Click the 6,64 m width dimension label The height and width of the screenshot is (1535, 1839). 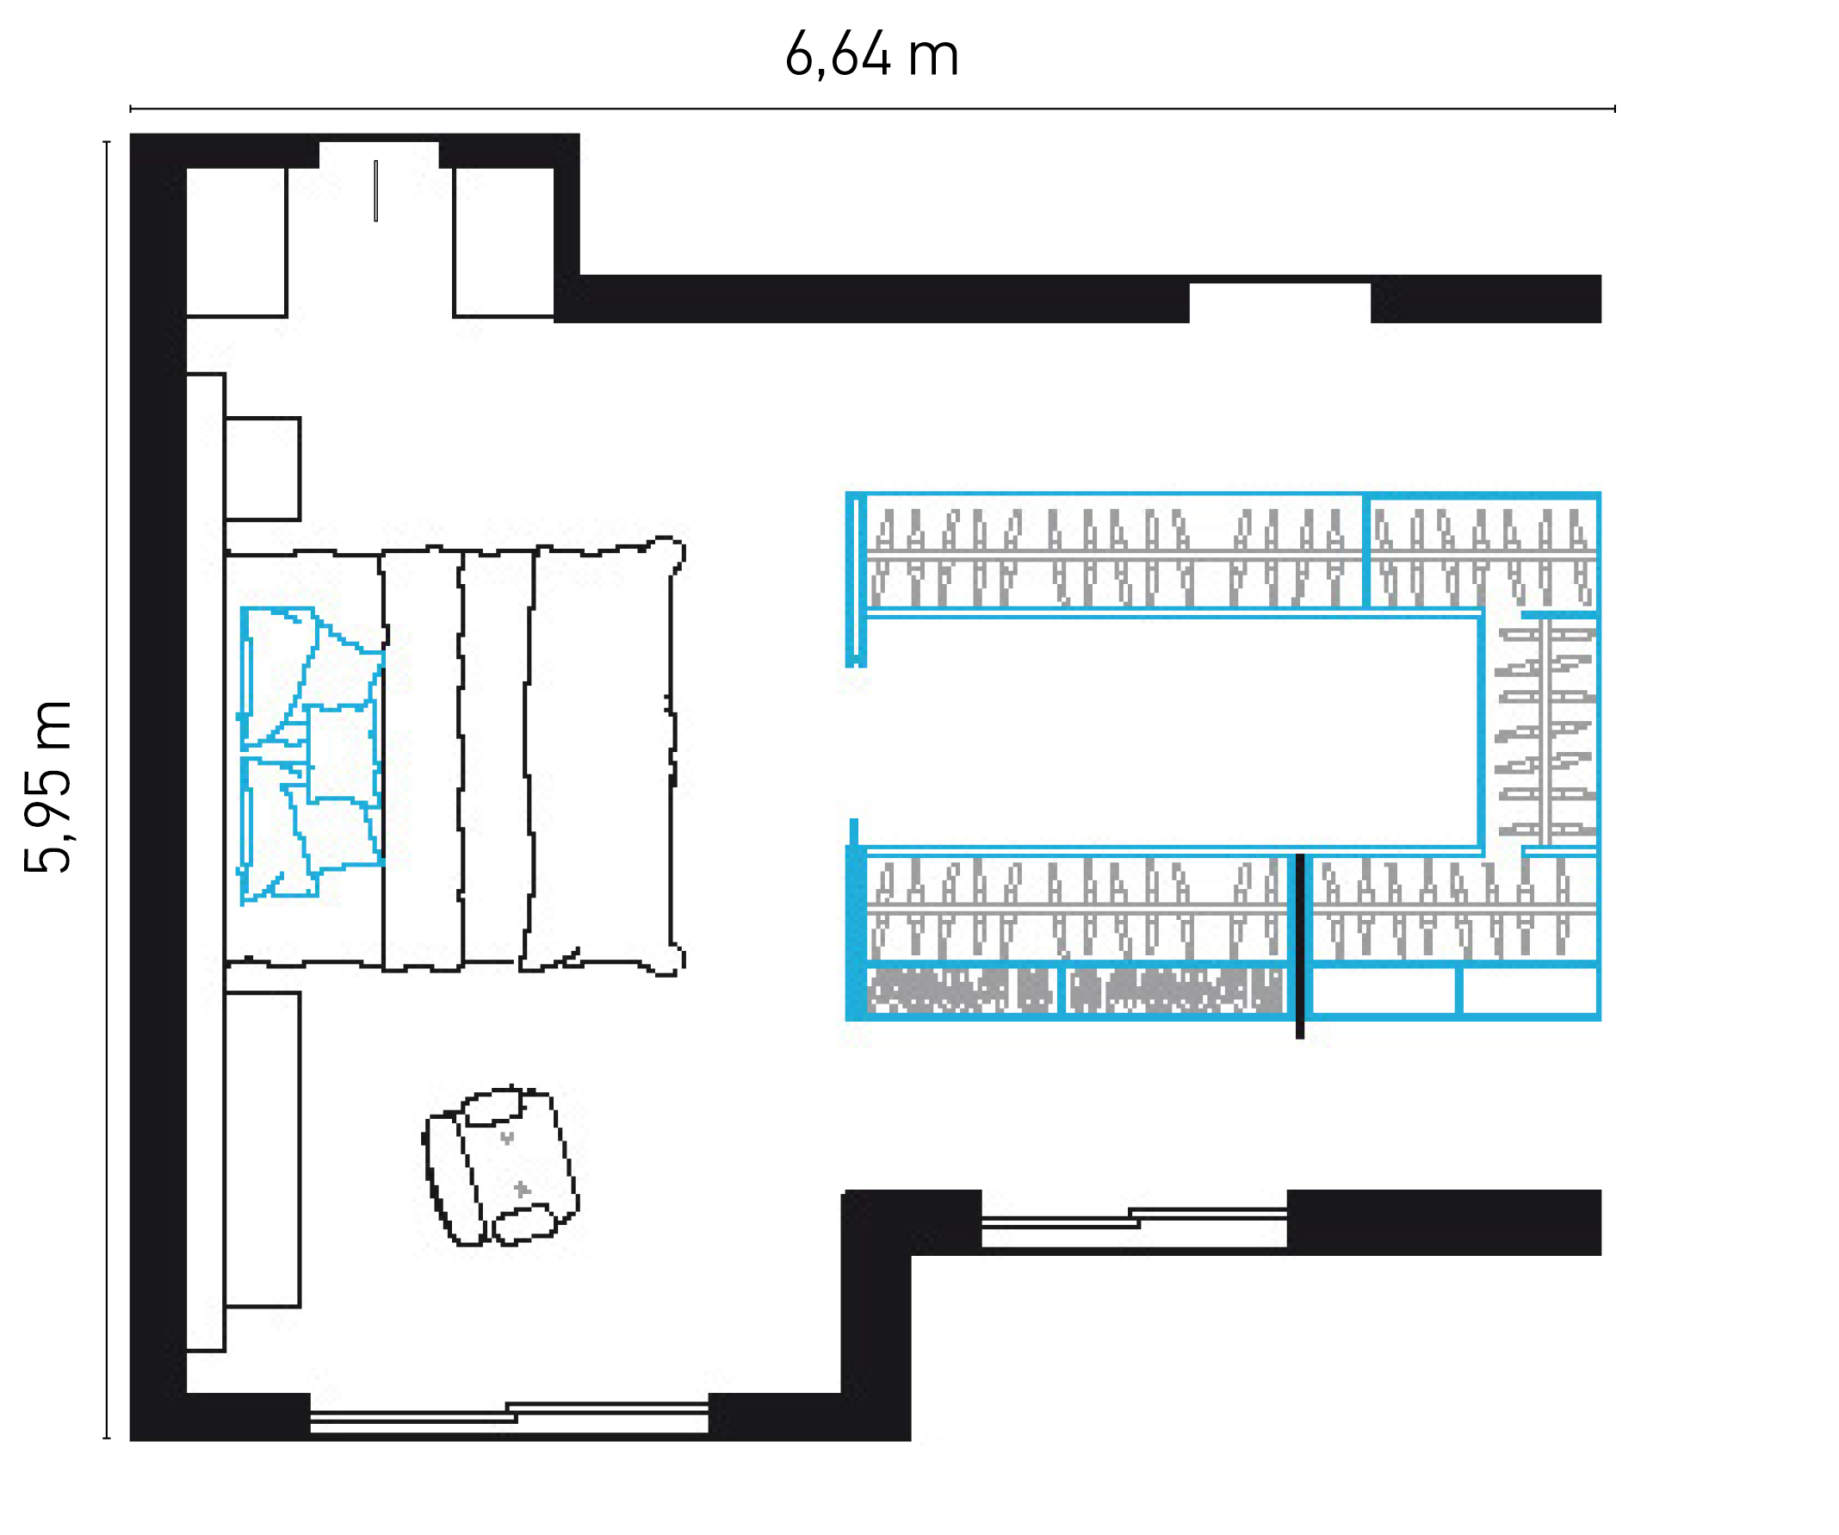(871, 54)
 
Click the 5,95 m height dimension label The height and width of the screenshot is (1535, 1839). (47, 786)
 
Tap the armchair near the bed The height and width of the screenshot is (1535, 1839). (500, 1166)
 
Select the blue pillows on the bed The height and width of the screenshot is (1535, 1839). (311, 755)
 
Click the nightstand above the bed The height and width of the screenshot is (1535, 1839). (262, 469)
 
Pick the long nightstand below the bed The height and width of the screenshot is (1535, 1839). (262, 1149)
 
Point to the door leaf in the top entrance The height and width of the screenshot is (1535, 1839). (375, 190)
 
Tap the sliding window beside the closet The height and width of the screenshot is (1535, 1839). (1134, 1221)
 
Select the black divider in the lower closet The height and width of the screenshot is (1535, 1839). (1299, 946)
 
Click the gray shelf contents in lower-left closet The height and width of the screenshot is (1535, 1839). (1075, 991)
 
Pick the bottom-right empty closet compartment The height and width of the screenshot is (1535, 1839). (1530, 991)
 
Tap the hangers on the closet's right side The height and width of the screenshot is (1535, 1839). (1545, 730)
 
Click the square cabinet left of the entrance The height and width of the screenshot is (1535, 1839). (237, 242)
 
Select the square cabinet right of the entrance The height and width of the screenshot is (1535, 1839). (504, 242)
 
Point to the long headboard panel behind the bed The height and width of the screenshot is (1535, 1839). (206, 863)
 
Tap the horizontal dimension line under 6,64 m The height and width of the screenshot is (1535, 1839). (872, 109)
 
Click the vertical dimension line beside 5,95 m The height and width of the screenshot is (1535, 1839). (107, 789)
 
